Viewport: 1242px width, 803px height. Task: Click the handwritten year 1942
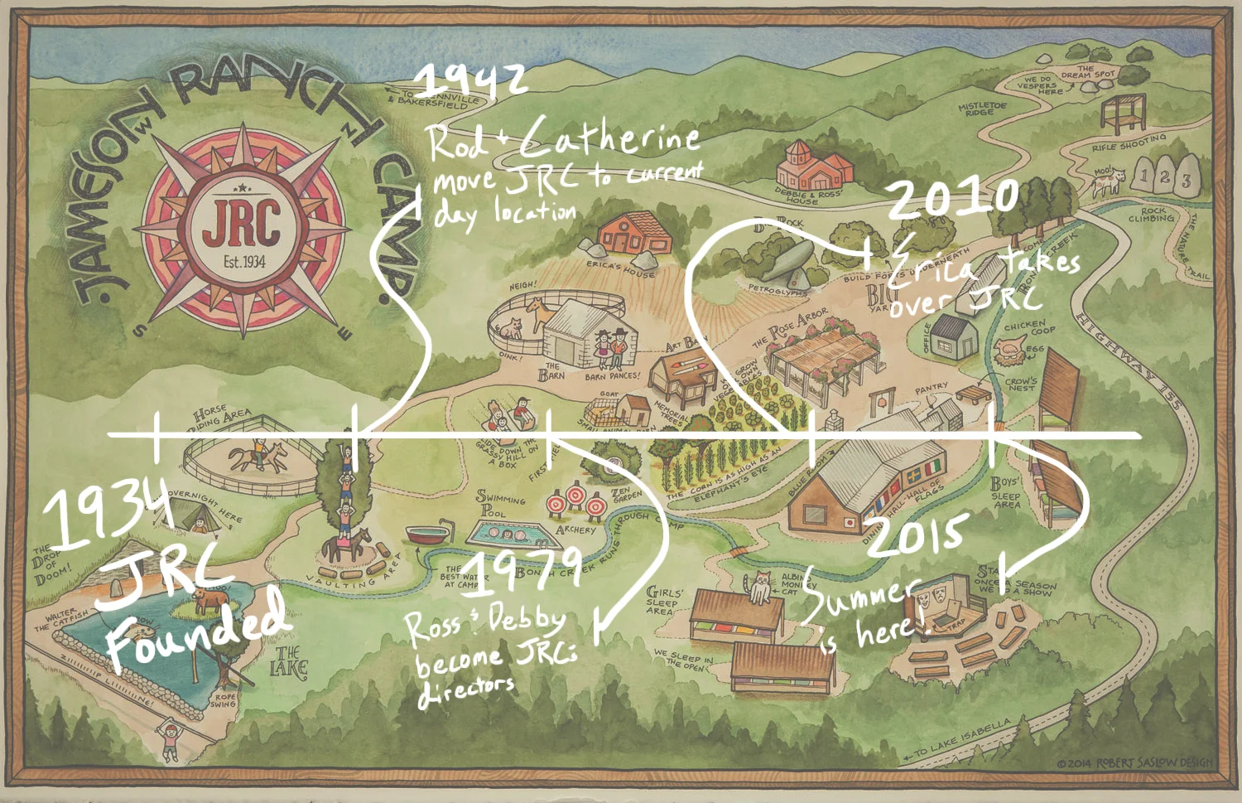[x=470, y=80]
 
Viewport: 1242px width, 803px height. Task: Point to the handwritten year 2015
[x=917, y=535]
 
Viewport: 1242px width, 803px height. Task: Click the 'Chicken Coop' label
[x=1025, y=328]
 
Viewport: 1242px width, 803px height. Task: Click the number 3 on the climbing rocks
[x=1186, y=180]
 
